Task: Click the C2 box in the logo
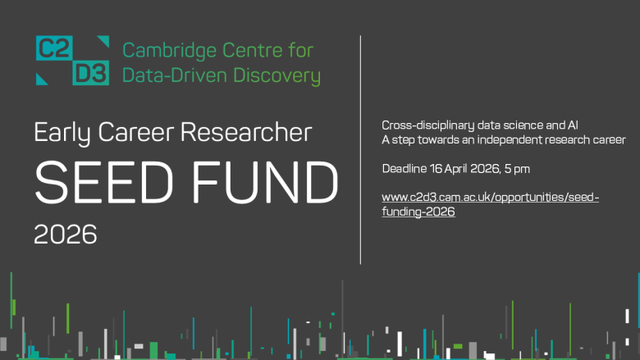(53, 49)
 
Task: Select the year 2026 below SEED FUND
(66, 235)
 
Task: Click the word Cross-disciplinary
(423, 125)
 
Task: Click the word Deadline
(402, 169)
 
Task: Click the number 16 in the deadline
(434, 169)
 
